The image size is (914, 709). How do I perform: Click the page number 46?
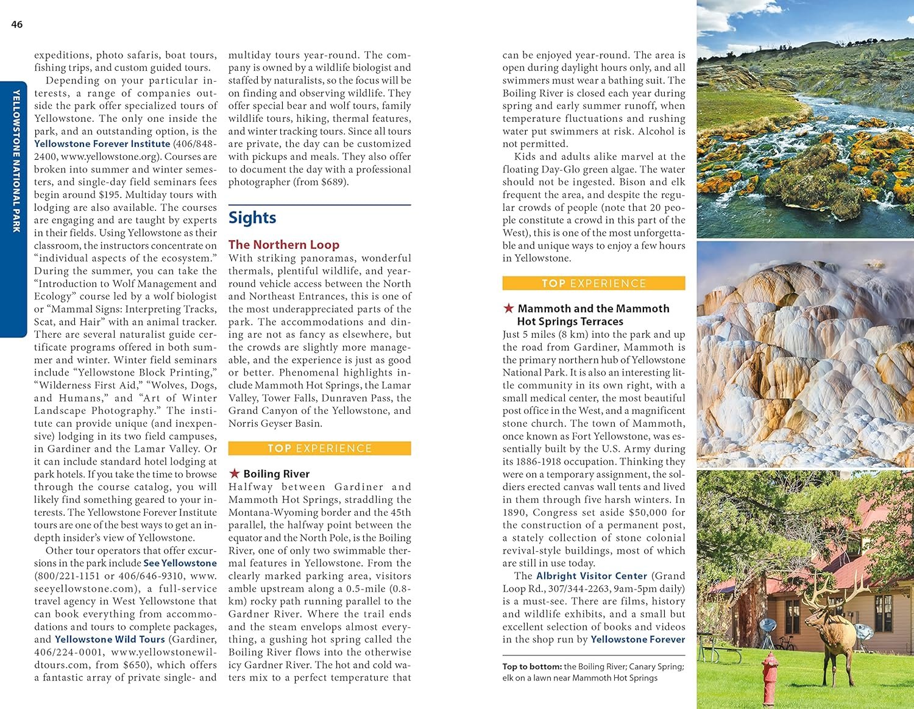coord(17,24)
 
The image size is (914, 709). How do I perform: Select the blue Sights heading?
coord(252,218)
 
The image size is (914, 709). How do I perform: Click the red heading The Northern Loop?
coord(283,244)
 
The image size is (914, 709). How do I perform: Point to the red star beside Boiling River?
coord(234,474)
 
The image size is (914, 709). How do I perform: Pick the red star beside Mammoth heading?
coord(508,308)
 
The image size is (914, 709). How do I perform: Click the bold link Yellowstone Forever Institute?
coord(102,144)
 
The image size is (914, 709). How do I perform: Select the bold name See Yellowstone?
coord(180,563)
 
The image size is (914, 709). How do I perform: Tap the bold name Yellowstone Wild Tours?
coord(110,640)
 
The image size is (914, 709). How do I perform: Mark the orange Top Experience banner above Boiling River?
coord(319,449)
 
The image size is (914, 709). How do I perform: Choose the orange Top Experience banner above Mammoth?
coord(593,283)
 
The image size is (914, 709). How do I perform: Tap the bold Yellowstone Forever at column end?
coord(637,640)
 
